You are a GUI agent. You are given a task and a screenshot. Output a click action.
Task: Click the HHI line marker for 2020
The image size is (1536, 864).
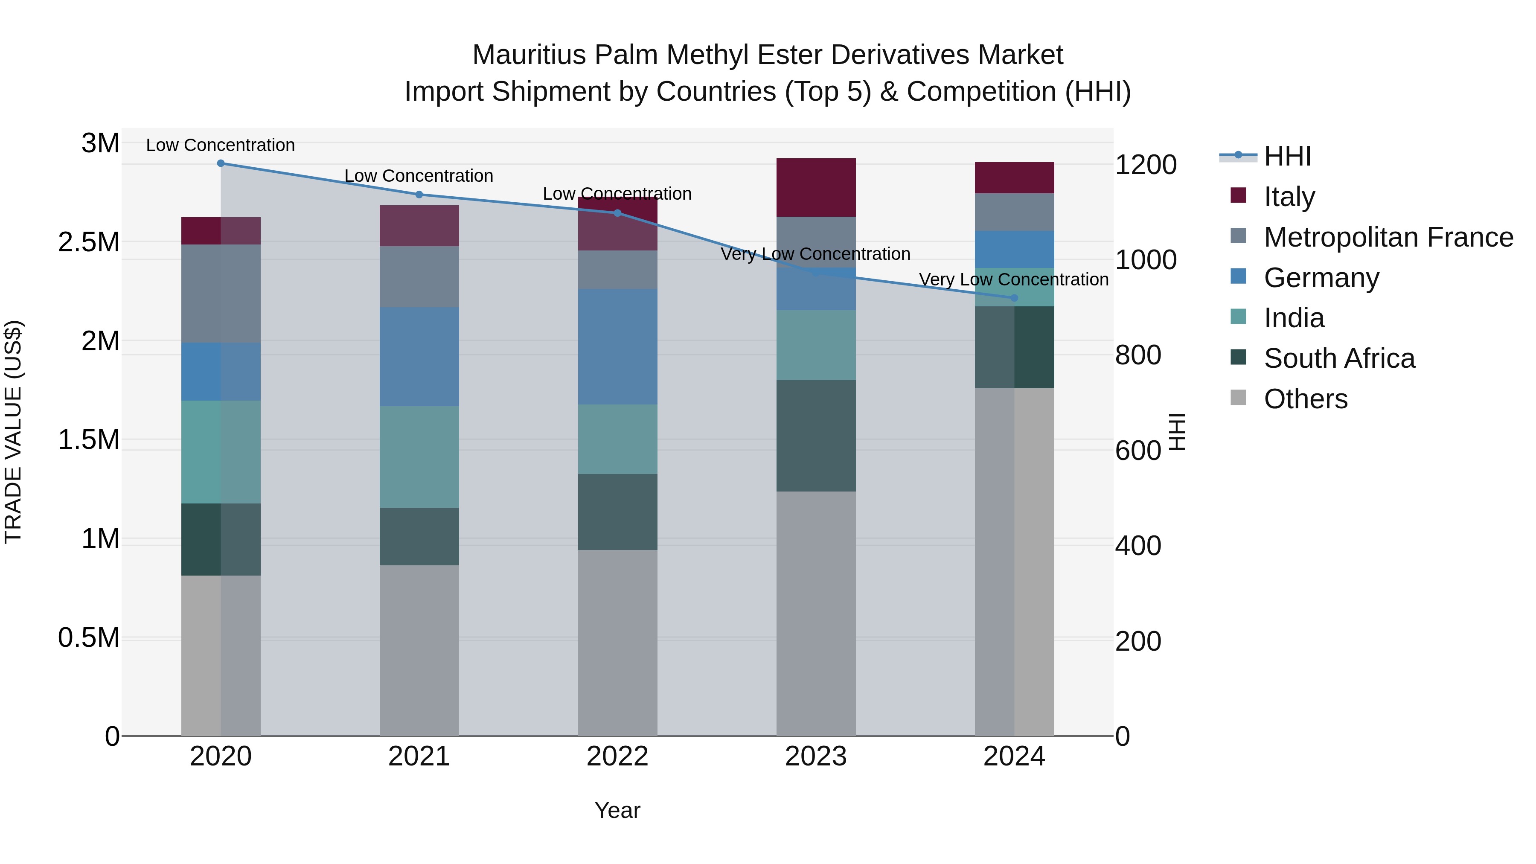(x=221, y=163)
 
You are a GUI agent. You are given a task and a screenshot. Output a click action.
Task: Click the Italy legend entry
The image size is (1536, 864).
(x=1289, y=197)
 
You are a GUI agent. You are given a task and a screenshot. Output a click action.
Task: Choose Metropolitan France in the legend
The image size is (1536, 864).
(x=1388, y=237)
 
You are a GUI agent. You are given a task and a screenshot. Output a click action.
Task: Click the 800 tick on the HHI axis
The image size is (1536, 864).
(x=1137, y=355)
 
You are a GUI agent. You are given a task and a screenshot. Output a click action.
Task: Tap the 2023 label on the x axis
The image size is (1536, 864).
(x=816, y=757)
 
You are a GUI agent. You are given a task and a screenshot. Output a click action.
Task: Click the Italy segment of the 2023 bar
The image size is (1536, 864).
(x=816, y=187)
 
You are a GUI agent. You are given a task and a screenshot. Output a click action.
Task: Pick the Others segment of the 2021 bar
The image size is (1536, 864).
(x=419, y=650)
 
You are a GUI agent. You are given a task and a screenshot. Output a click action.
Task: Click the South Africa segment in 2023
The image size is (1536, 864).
(x=816, y=436)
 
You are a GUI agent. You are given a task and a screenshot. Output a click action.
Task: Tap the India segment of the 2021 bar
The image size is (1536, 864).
(x=419, y=457)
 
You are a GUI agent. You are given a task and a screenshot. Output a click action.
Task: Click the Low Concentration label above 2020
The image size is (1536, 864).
(x=221, y=145)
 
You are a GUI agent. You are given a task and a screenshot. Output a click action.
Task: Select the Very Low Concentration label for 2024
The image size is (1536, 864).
(x=1014, y=279)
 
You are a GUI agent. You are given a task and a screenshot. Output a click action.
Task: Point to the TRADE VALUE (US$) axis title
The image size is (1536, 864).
(x=14, y=432)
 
